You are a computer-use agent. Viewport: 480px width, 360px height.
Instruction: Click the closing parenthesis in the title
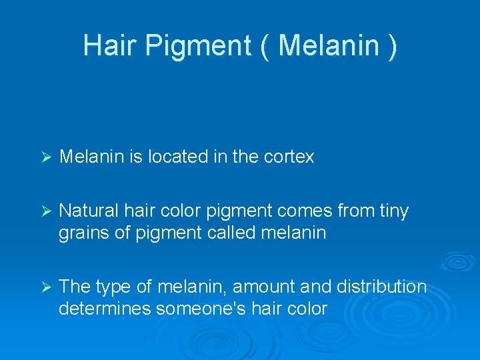tap(392, 45)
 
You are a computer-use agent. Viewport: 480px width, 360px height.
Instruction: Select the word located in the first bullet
tap(177, 157)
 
